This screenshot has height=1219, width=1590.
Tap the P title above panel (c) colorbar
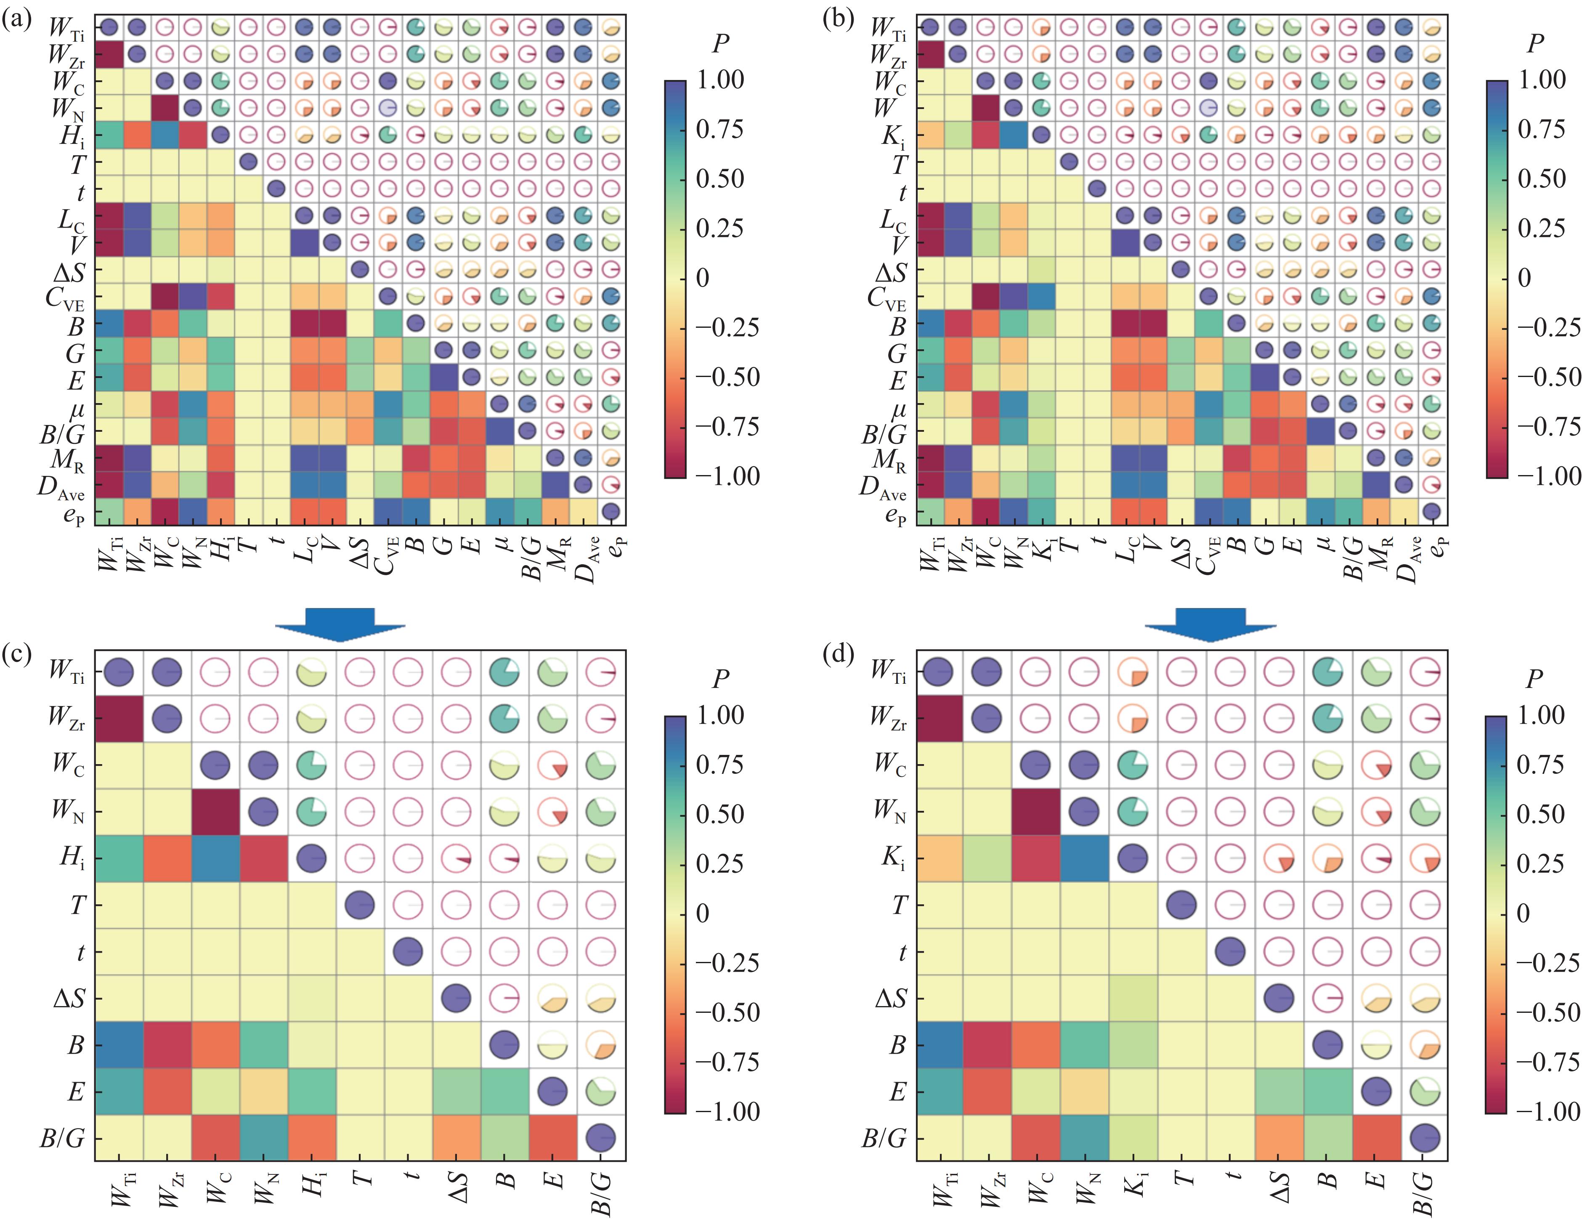click(x=720, y=678)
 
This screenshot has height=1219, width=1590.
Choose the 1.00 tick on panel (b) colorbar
click(x=1541, y=80)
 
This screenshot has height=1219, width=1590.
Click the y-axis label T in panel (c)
click(x=77, y=905)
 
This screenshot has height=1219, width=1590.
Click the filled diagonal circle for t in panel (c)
click(x=409, y=951)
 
